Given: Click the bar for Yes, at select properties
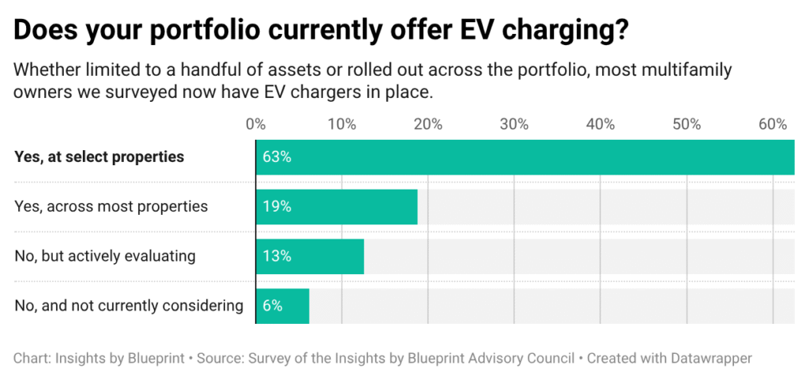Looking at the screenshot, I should click(x=525, y=156).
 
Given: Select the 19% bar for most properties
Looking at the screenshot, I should click(x=337, y=206).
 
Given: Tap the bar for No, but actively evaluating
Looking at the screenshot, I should click(x=310, y=256).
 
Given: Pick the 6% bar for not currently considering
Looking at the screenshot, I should click(x=282, y=306).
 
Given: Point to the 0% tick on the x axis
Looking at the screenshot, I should click(x=255, y=124).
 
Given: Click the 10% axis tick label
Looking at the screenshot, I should click(x=341, y=124).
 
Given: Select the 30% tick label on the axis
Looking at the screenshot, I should click(x=514, y=124).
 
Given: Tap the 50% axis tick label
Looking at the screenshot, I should click(x=687, y=124).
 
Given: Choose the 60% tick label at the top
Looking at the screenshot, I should click(x=772, y=124).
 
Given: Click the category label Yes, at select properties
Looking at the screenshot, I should click(x=99, y=156).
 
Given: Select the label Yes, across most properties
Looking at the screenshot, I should click(x=111, y=206).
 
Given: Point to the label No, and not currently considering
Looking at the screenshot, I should click(x=129, y=306).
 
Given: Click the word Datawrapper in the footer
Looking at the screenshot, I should click(x=708, y=358).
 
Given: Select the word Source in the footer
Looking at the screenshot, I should click(x=221, y=358).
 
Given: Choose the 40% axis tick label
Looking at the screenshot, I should click(x=600, y=124).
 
